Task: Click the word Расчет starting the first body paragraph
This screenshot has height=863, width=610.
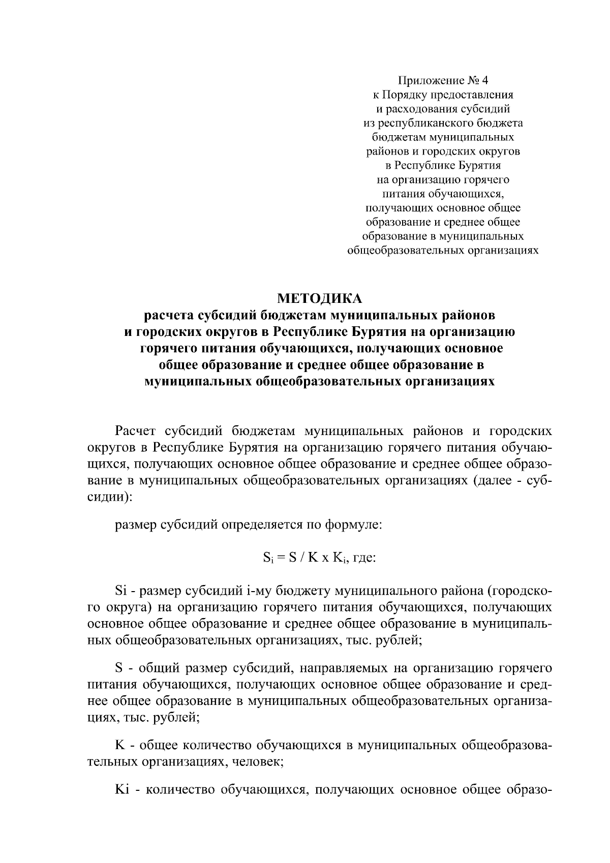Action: (x=136, y=431)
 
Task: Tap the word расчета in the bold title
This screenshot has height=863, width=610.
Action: (x=168, y=316)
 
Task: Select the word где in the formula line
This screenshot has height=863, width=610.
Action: (x=363, y=559)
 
